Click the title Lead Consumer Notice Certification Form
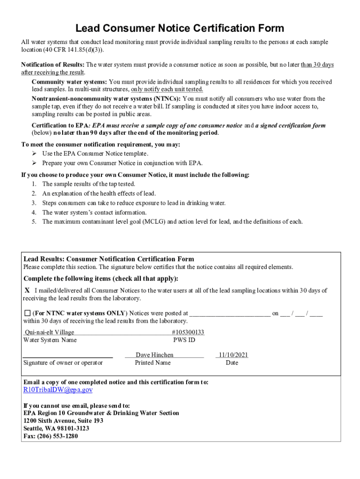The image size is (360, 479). [180, 28]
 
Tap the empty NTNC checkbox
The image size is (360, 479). [27, 313]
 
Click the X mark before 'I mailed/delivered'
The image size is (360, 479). [27, 290]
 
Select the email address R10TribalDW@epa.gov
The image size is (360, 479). [58, 390]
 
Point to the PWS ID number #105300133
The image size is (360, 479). [188, 332]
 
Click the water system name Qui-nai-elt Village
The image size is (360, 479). [49, 332]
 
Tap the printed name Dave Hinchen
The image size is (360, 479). [154, 355]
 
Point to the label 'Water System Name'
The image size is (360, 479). [50, 340]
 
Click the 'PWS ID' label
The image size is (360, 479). [184, 340]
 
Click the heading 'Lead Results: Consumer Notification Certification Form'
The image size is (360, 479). [108, 259]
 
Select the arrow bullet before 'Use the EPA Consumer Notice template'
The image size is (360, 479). [34, 153]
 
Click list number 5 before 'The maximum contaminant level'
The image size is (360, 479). [34, 222]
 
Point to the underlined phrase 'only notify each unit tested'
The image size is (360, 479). [167, 89]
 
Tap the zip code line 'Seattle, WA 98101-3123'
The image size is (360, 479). [56, 428]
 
